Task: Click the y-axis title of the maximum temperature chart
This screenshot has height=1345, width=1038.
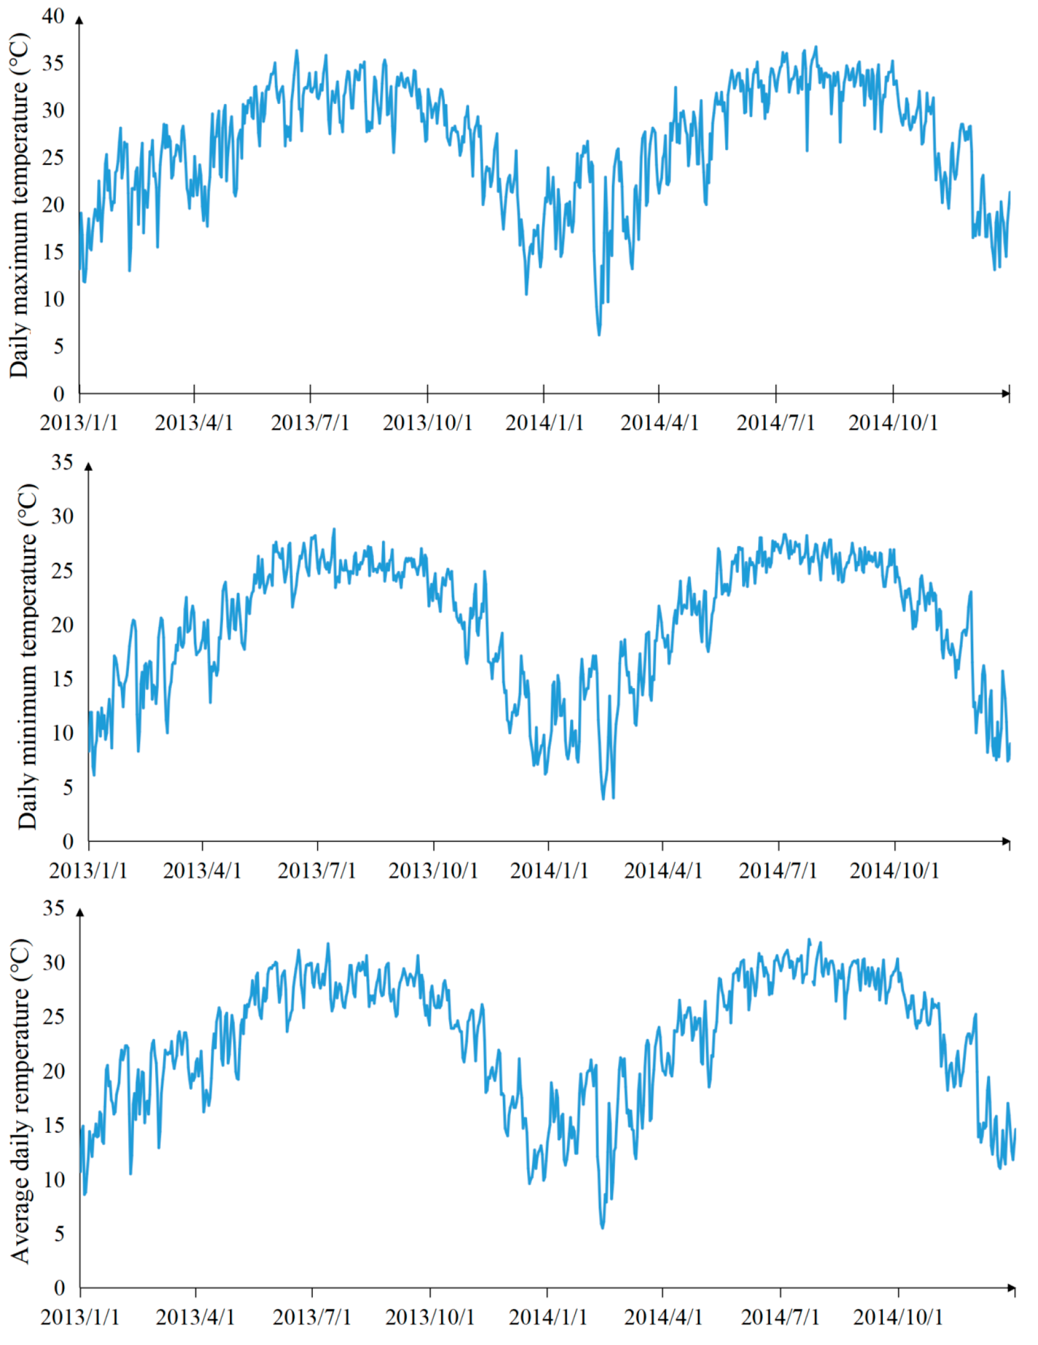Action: pos(19,205)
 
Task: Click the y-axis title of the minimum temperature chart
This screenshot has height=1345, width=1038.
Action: pos(28,656)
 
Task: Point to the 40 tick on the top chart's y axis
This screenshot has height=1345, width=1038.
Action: pos(53,17)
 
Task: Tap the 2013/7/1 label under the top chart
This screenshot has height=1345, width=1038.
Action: pos(310,423)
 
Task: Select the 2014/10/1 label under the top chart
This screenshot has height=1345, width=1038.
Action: pos(892,423)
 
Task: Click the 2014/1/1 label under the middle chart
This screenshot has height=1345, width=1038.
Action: pos(548,871)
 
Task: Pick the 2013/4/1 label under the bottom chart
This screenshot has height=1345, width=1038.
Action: pos(195,1317)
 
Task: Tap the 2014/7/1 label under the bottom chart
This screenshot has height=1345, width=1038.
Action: pos(779,1317)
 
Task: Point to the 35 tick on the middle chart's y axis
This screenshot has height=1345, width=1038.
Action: pos(62,462)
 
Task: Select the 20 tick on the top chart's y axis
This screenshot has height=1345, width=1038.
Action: pos(53,205)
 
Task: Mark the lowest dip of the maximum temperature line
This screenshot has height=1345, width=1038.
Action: pos(599,335)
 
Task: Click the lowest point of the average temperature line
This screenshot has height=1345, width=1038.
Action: pos(602,1228)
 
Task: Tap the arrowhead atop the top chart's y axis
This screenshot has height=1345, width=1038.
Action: pos(79,20)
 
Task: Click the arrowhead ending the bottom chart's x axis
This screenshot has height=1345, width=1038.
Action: pos(1011,1288)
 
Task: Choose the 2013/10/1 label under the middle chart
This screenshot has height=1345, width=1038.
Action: pos(433,871)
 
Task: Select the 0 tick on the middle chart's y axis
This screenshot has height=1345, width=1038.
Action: pos(68,842)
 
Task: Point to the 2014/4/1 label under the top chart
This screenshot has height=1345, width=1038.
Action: pos(659,423)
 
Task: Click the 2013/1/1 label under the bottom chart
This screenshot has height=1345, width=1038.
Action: pos(80,1317)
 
